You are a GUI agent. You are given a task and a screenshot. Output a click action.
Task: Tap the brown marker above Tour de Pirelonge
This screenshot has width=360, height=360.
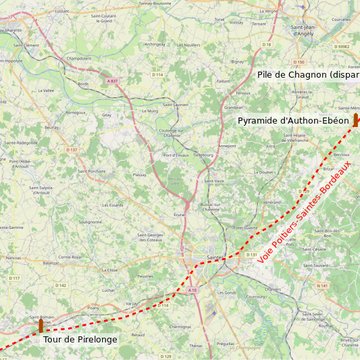click(41, 326)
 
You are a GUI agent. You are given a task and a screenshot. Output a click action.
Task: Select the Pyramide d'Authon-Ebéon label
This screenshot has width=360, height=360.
click(293, 120)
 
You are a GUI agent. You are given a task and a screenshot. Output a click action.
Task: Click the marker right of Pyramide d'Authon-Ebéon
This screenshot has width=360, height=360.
click(355, 119)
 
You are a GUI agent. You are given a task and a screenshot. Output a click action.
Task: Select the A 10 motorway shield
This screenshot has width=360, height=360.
click(191, 288)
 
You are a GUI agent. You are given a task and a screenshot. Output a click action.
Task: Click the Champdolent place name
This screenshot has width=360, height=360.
click(79, 58)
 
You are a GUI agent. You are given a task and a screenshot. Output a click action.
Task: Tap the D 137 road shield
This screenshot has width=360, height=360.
click(71, 150)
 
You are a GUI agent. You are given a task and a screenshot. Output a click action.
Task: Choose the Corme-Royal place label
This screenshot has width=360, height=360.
click(70, 256)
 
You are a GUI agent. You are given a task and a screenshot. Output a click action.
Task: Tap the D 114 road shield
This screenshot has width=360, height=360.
click(157, 74)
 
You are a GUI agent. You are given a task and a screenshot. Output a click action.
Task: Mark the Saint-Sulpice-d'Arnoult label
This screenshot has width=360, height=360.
click(41, 189)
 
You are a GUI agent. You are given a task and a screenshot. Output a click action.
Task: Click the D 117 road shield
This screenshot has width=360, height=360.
click(14, 279)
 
